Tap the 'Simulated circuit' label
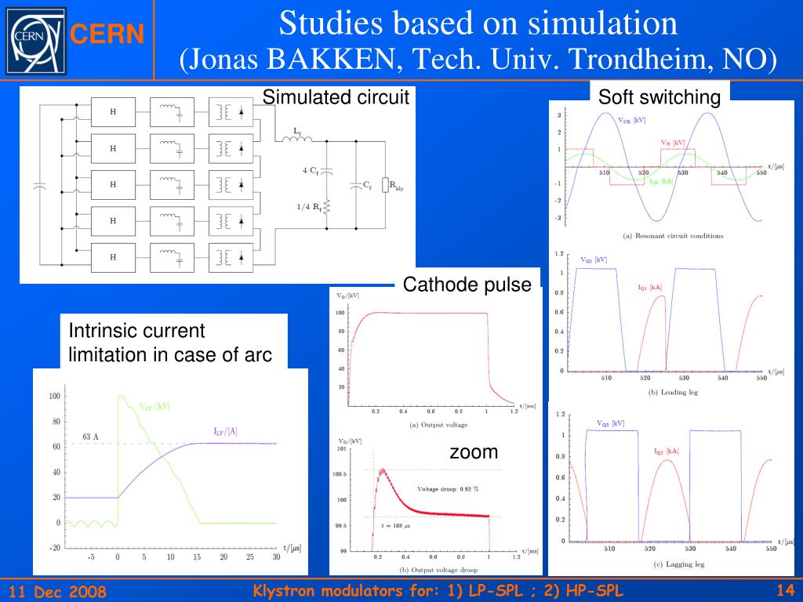[x=336, y=97]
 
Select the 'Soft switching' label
[x=659, y=97]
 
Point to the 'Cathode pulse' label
[x=467, y=285]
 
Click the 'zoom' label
[x=474, y=452]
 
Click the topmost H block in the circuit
[x=113, y=112]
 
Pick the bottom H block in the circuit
[x=113, y=256]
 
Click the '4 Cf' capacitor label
[x=310, y=170]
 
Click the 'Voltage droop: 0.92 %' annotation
[x=448, y=488]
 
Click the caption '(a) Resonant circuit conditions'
[x=673, y=236]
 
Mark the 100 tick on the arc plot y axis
[x=54, y=397]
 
